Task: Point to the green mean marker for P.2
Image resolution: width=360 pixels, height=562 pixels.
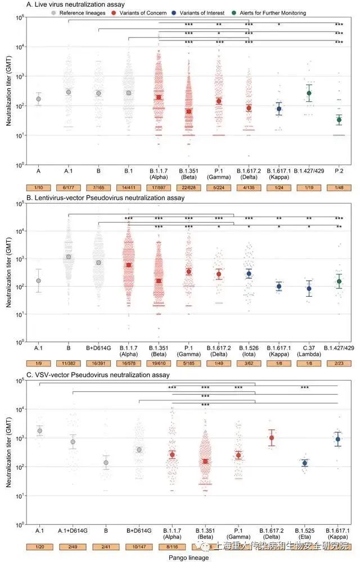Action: click(339, 120)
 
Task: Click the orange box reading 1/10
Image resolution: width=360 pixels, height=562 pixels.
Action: click(38, 187)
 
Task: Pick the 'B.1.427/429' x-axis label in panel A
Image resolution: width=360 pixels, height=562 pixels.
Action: click(308, 167)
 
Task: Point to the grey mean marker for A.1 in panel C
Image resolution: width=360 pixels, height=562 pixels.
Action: click(39, 430)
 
